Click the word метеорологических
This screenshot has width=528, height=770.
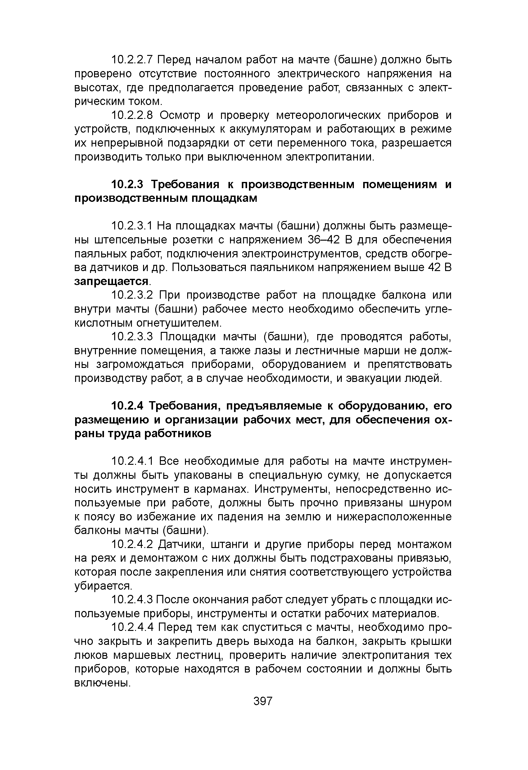tap(332, 115)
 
